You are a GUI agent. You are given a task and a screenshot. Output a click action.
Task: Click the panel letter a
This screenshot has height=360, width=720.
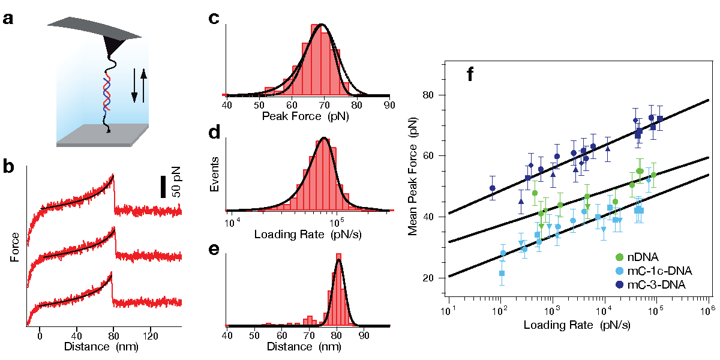point(8,19)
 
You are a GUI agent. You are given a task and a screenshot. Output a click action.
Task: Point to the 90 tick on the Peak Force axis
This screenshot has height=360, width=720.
point(389,106)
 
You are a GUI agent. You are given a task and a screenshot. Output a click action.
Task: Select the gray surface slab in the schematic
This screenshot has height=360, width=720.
point(102,135)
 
